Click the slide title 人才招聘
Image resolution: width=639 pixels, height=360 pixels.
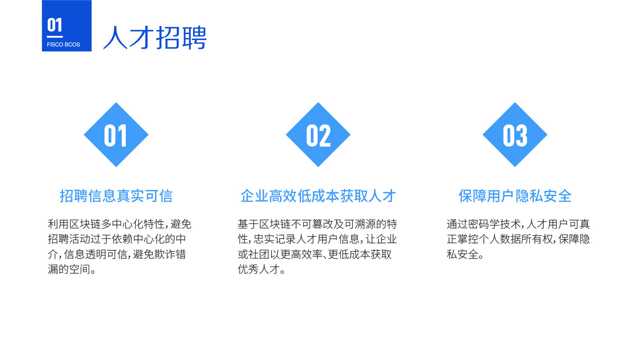click(x=155, y=37)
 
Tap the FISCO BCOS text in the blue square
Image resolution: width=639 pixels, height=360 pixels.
click(x=63, y=45)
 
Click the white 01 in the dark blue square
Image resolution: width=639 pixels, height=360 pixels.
click(x=54, y=25)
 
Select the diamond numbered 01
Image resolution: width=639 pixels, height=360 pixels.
click(x=116, y=135)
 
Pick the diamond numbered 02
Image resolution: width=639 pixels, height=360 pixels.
click(x=318, y=135)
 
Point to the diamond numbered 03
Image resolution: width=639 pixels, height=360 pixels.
click(x=515, y=135)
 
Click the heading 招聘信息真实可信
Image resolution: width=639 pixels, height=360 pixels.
click(x=116, y=196)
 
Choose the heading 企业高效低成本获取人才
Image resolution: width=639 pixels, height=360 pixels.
click(x=318, y=196)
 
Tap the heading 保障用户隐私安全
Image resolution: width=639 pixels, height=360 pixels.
click(x=515, y=196)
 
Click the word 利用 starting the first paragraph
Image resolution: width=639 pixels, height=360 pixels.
click(x=58, y=224)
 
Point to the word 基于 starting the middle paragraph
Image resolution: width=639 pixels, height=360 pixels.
click(x=248, y=224)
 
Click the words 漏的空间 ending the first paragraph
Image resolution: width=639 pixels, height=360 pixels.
click(x=69, y=269)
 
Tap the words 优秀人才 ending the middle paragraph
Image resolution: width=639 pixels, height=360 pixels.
click(x=259, y=269)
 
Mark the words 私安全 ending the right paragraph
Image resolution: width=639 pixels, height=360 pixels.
click(x=462, y=254)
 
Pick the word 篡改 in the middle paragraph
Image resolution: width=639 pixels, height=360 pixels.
click(x=323, y=224)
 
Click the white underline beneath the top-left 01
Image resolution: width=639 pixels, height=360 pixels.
click(x=55, y=37)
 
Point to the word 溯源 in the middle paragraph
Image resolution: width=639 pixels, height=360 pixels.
click(x=365, y=224)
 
